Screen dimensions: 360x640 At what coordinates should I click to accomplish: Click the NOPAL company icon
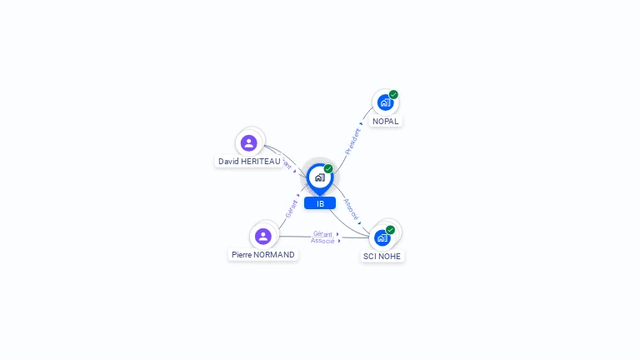coord(384,102)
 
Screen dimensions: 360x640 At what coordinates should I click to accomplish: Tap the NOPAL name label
coord(386,121)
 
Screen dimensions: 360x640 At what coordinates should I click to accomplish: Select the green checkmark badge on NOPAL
coord(393,94)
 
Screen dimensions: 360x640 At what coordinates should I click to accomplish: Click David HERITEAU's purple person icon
coord(248,142)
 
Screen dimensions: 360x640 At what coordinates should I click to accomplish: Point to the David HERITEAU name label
coord(249,161)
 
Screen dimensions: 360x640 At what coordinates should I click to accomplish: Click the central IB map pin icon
coord(319,177)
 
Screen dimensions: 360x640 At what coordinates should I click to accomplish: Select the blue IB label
coord(320,203)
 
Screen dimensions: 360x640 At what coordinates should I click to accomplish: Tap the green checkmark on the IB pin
coord(328,169)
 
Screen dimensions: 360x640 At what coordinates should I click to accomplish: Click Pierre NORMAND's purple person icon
coord(263,236)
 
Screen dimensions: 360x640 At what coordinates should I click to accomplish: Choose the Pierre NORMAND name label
coord(263,254)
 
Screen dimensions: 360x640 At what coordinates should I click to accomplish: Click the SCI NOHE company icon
coord(382,237)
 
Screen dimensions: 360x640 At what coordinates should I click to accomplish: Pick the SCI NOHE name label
coord(382,256)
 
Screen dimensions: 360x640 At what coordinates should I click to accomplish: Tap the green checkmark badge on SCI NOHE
coord(390,230)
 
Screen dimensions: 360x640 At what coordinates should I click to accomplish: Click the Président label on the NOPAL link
coord(352,141)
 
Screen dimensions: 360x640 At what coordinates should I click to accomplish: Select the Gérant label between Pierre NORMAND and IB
coord(292,208)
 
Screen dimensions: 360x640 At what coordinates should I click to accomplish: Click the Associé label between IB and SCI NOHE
coord(352,209)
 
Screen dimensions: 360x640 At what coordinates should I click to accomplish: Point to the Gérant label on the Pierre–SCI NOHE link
coord(323,234)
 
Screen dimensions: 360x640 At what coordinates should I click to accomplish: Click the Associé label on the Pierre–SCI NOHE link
coord(323,241)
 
